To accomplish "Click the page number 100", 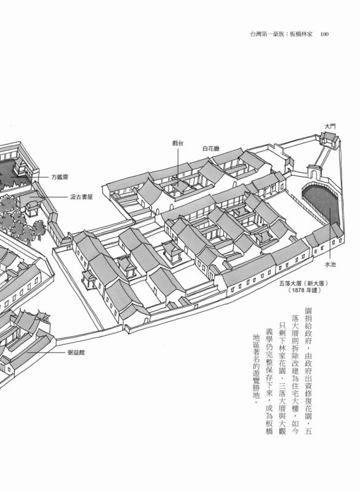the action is tap(324, 34).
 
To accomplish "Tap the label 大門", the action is tap(330, 126).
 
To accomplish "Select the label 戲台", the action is tap(178, 143).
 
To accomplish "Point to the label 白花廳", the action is tap(211, 149).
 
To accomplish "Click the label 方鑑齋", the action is tap(60, 177).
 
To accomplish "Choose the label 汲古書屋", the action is tap(81, 197).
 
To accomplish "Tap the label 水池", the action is tap(330, 264).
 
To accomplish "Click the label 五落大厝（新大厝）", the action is tap(303, 284).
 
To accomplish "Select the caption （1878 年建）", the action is tap(304, 290).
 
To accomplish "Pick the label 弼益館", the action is tap(76, 352).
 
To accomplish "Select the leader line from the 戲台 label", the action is tap(178, 167).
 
